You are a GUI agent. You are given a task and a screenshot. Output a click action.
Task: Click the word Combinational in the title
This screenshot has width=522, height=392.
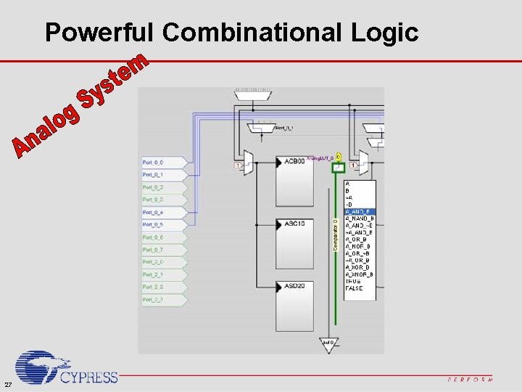point(255,32)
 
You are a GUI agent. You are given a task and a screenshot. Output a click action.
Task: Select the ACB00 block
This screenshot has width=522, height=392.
point(294,181)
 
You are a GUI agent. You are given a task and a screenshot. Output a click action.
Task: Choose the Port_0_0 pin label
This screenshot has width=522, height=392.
point(153,162)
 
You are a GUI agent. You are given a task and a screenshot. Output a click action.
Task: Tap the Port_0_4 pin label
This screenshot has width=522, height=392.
point(153,212)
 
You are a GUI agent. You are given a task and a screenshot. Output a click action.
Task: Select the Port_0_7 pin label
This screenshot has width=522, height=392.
point(153,250)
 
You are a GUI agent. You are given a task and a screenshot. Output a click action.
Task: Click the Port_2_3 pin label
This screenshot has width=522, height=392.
point(153,300)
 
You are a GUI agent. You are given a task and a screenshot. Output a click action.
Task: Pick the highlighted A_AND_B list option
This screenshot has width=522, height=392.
point(360,211)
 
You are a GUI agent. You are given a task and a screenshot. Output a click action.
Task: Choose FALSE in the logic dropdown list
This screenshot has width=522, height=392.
point(355,288)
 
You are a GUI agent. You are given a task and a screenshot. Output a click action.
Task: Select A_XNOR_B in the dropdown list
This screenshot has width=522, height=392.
point(360,275)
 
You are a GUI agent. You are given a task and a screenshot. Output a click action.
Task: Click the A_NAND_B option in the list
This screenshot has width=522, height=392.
point(360,218)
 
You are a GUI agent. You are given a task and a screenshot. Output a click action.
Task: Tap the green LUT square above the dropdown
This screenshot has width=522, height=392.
point(338,167)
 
